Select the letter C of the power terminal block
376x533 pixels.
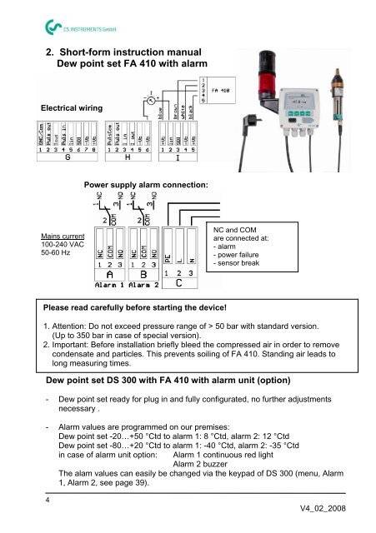181,281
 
